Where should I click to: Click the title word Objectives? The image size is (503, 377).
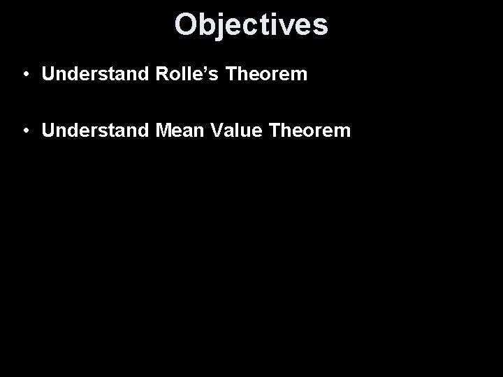point(251,24)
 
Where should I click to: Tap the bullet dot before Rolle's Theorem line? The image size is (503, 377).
point(24,75)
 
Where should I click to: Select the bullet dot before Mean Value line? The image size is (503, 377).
point(24,130)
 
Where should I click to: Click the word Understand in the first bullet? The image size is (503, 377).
point(88,74)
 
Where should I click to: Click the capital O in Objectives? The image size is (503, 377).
point(186,24)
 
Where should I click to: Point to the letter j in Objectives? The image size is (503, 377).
point(221,26)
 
